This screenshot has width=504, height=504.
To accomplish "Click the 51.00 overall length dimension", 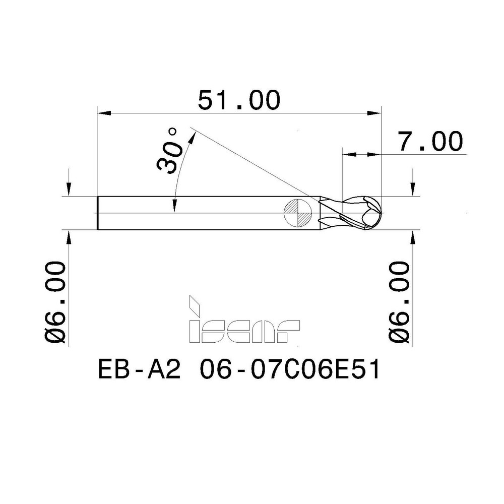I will (x=238, y=100).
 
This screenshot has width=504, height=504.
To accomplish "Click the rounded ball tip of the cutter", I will (x=375, y=212).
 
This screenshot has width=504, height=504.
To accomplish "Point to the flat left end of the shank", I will (x=97, y=213).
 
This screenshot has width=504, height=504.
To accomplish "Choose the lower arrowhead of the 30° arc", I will (x=174, y=207).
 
